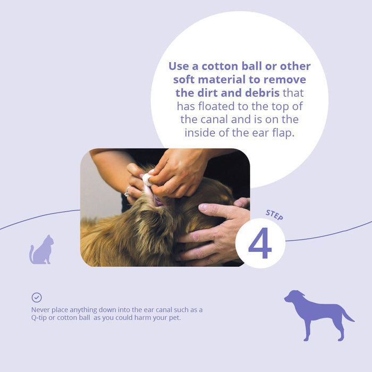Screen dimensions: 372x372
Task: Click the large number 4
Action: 260,243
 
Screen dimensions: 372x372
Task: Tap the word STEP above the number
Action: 274,215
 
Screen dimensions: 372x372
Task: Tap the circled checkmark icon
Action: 37,298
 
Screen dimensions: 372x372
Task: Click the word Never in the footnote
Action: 41,310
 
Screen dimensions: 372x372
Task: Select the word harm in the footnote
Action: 145,318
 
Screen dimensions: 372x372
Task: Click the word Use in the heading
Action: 181,66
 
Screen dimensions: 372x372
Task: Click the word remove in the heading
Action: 288,80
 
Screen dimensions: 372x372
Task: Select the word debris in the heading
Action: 259,93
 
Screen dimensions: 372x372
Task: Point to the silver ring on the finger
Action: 128,191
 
